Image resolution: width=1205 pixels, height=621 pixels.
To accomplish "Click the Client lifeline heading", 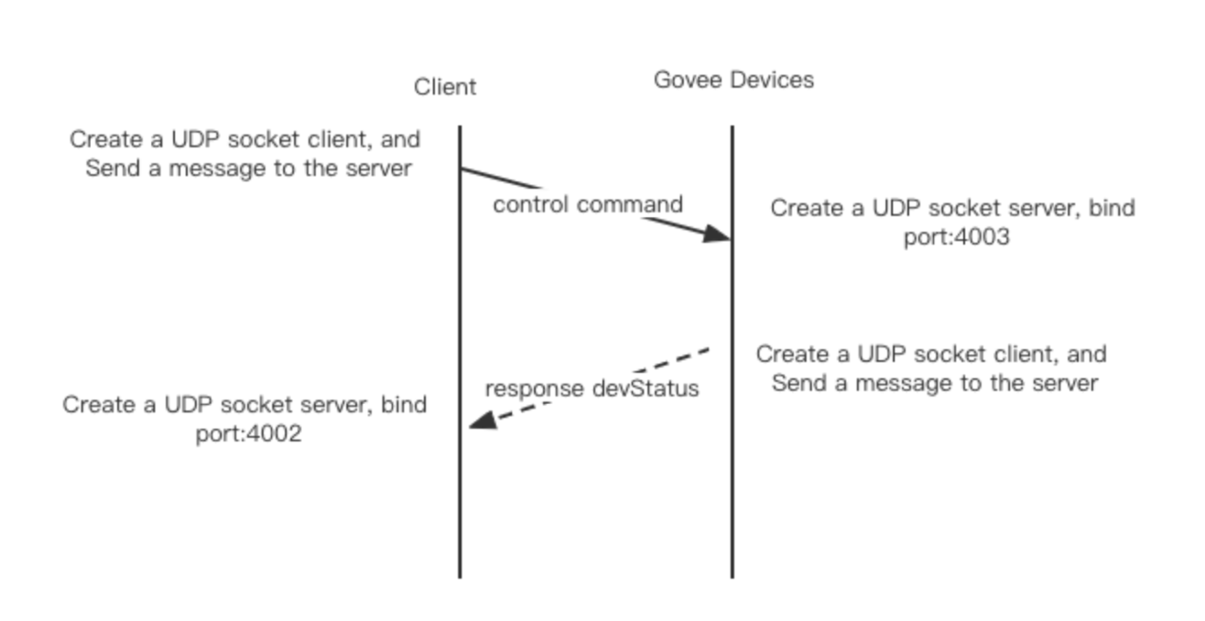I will pos(445,87).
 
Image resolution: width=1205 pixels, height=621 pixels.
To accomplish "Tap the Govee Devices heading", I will pos(733,80).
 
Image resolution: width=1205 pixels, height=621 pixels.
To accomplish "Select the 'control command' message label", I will pos(588,204).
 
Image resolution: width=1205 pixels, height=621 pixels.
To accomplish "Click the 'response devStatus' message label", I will pos(592,388).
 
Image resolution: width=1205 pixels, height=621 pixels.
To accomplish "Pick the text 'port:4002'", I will pos(248,433).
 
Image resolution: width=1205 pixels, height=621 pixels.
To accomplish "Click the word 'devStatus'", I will pos(646,388).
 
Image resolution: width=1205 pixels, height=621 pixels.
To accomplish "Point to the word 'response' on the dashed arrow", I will pos(535,388).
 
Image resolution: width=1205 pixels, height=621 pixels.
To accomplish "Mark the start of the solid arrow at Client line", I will pos(461,169).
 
